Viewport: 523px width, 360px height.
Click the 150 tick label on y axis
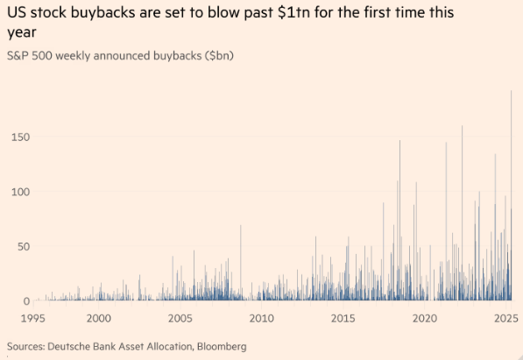[21, 138]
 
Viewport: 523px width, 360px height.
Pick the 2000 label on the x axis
[99, 318]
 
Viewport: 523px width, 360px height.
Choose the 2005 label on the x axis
[180, 318]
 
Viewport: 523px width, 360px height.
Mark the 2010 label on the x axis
[260, 318]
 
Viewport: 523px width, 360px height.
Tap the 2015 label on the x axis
[343, 318]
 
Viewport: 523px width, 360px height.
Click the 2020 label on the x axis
[425, 318]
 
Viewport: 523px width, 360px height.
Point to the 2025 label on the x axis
[505, 318]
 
